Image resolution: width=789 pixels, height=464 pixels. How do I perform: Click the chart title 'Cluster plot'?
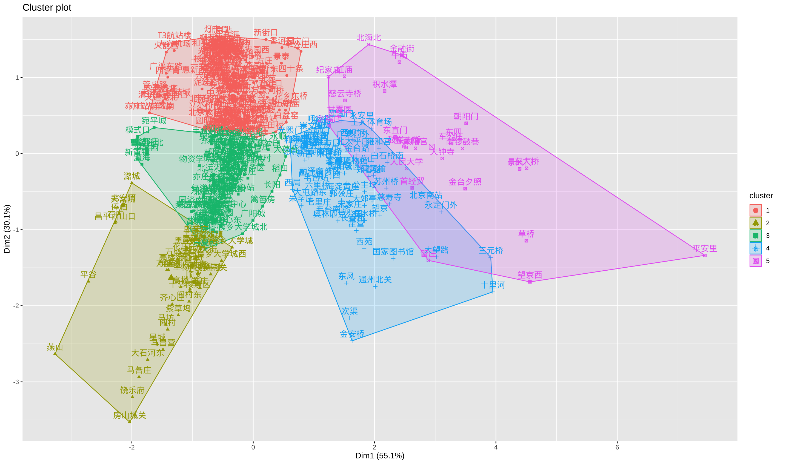[47, 7]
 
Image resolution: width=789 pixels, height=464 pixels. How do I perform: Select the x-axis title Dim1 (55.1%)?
[379, 456]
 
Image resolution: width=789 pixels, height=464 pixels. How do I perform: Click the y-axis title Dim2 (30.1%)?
[7, 229]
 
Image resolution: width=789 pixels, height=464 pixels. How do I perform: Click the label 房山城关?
[129, 416]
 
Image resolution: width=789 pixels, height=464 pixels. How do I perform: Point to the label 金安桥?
[352, 334]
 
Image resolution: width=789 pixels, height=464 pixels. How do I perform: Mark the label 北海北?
[368, 38]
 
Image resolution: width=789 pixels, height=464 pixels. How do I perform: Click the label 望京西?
[530, 275]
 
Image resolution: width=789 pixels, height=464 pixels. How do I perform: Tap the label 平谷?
[88, 274]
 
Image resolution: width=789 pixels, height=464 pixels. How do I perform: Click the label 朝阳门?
[466, 116]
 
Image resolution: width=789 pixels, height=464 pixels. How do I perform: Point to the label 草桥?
[526, 234]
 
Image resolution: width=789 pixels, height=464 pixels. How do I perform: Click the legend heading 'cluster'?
[761, 196]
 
